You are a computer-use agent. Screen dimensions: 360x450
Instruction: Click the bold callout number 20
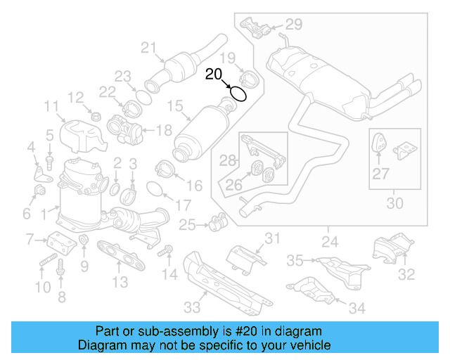214,74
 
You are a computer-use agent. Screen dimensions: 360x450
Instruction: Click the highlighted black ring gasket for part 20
238,93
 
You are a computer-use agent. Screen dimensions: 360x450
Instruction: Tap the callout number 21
148,48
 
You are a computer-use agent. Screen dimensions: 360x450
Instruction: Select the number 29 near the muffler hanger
293,24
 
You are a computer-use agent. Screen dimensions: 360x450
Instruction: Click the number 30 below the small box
395,204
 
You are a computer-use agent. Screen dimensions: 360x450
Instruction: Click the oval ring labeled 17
156,188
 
